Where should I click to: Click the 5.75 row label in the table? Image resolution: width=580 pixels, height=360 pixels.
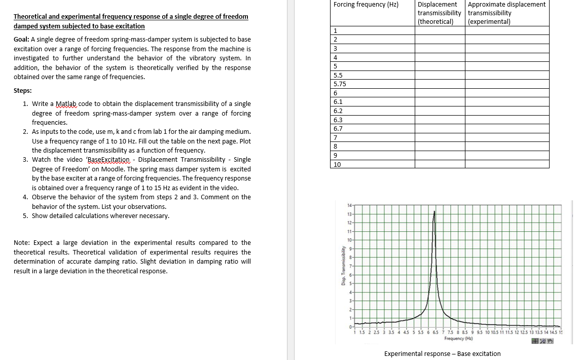pyautogui.click(x=339, y=84)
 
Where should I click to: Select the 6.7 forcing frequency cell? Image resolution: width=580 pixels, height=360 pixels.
pyautogui.click(x=338, y=129)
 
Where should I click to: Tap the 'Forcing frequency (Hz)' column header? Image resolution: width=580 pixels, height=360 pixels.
pyautogui.click(x=366, y=5)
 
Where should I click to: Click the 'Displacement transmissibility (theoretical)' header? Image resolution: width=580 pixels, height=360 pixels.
pyautogui.click(x=439, y=13)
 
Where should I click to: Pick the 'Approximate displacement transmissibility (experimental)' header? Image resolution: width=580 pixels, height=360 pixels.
pyautogui.click(x=506, y=13)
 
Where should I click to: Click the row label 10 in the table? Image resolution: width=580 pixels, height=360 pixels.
pyautogui.click(x=337, y=165)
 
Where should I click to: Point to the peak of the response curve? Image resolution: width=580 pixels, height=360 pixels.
pyautogui.click(x=434, y=211)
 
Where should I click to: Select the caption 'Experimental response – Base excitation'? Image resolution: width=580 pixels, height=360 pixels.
pyautogui.click(x=442, y=354)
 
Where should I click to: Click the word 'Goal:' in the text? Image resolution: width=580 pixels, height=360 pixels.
pyautogui.click(x=22, y=40)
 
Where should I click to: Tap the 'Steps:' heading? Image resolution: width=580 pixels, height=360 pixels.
pyautogui.click(x=22, y=91)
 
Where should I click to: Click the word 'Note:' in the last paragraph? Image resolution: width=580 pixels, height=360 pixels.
pyautogui.click(x=22, y=243)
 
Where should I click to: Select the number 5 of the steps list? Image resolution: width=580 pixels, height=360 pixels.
pyautogui.click(x=25, y=216)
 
